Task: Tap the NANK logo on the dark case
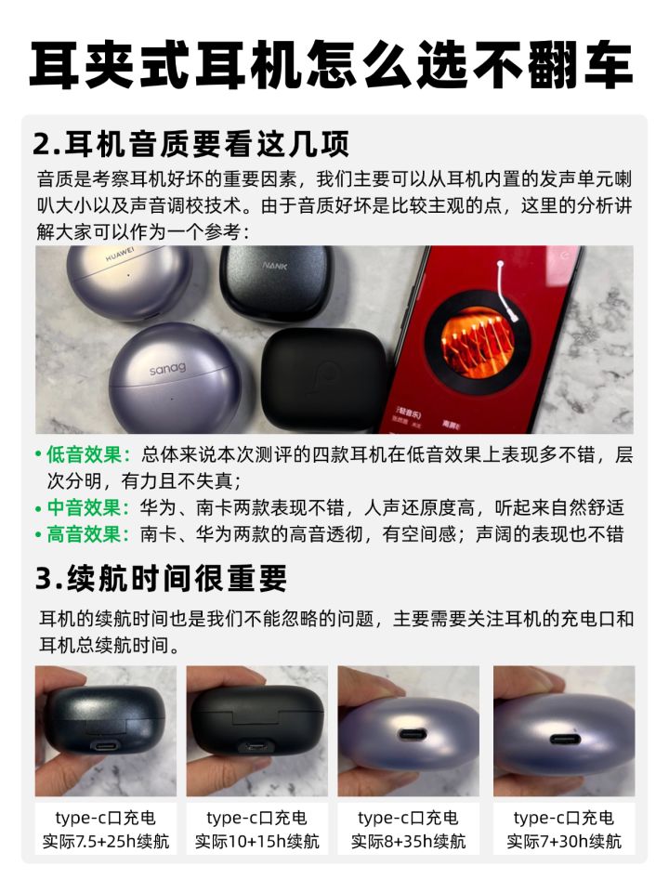pos(275,265)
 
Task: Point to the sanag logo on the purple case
pos(167,369)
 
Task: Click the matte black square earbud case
pos(323,378)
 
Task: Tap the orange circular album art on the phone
pos(478,343)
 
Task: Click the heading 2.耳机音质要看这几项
pos(190,143)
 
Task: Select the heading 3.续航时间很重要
pos(161,578)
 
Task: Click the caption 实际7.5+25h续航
pos(106,841)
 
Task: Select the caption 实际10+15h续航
pos(257,841)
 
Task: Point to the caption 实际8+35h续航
pos(409,841)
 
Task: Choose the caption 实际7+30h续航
pos(564,841)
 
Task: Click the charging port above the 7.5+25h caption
pos(106,746)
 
